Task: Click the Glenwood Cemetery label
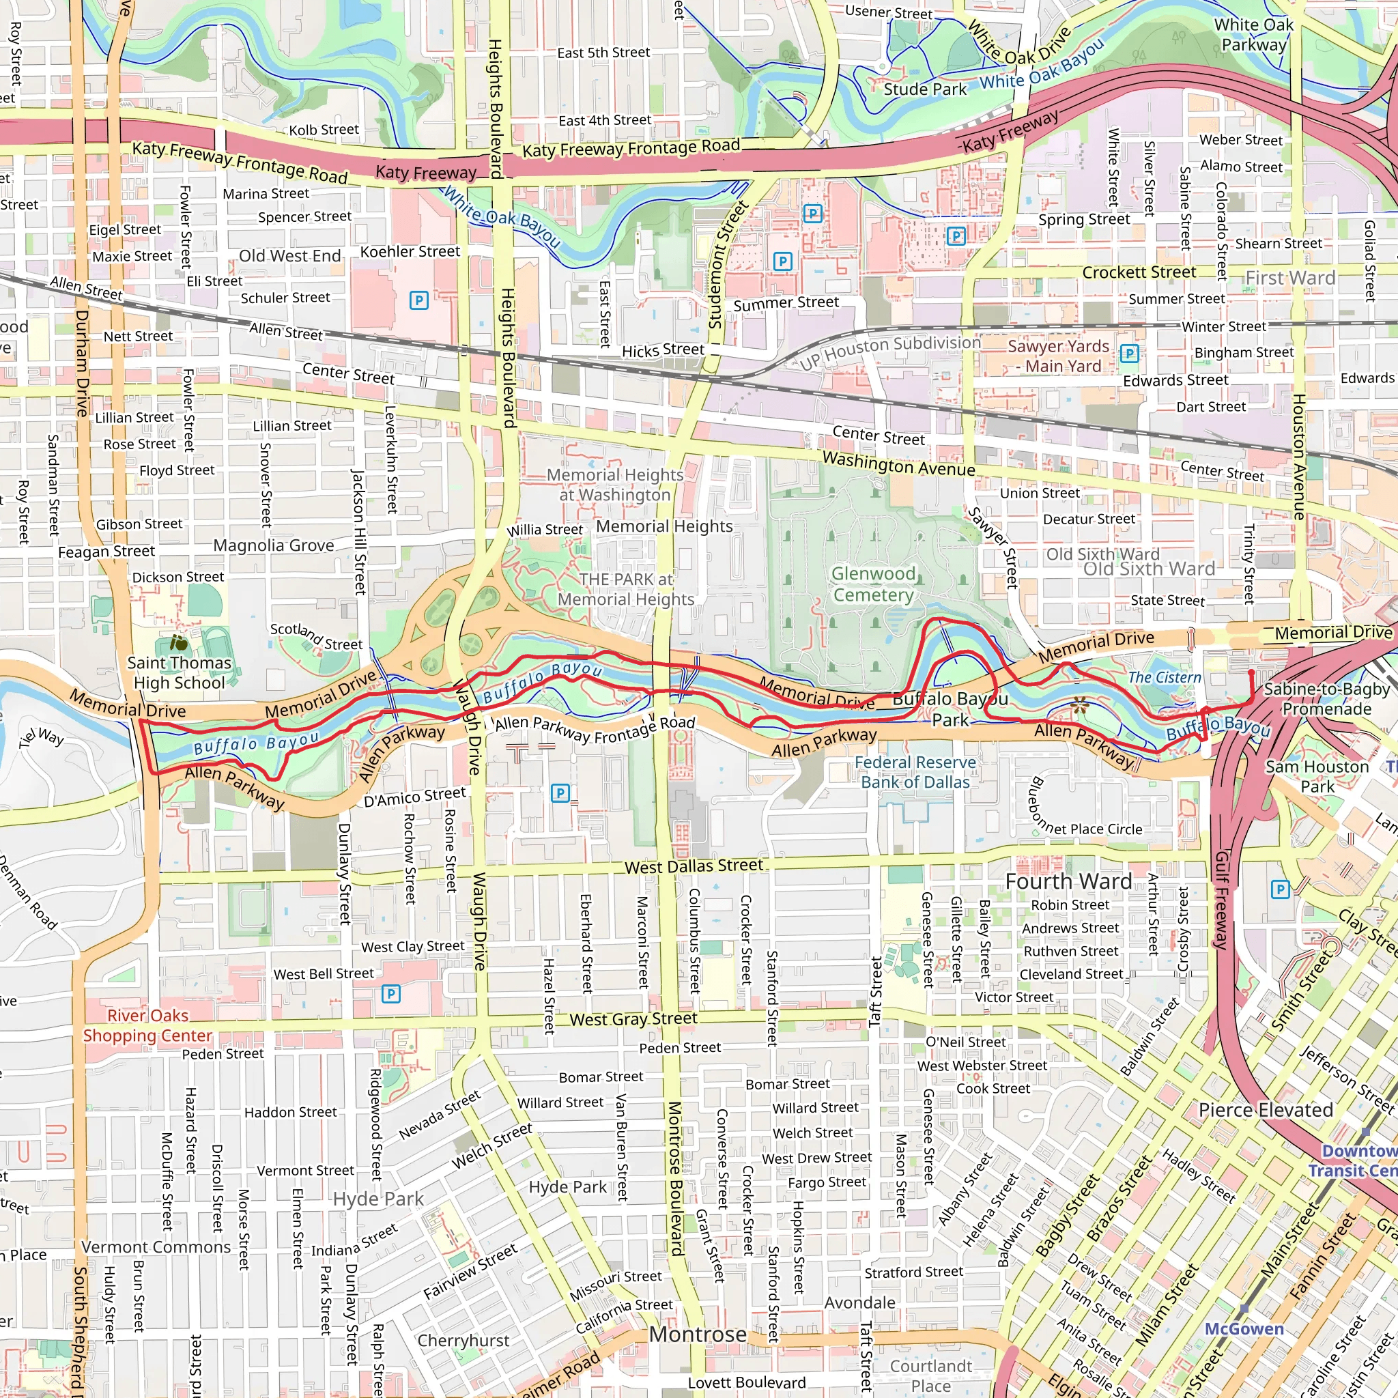[x=872, y=584]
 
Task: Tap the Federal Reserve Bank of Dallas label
[x=915, y=772]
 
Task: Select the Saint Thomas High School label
[x=179, y=672]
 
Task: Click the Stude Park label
[x=925, y=89]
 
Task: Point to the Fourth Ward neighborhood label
[x=1068, y=881]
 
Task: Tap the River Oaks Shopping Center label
[x=147, y=1025]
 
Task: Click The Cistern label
[x=1165, y=677]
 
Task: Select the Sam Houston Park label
[x=1317, y=776]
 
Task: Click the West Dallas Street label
[x=694, y=866]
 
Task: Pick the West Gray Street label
[x=633, y=1019]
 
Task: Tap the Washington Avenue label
[x=899, y=463]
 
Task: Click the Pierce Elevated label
[x=1265, y=1110]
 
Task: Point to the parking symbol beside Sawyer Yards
[x=1129, y=353]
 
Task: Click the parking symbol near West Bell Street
[x=390, y=993]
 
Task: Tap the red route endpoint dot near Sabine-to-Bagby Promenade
[x=1251, y=673]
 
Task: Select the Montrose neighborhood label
[x=698, y=1334]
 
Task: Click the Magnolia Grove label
[x=274, y=545]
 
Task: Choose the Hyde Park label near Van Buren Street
[x=567, y=1186]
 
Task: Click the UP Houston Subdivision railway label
[x=890, y=352]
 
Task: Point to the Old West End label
[x=289, y=256]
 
